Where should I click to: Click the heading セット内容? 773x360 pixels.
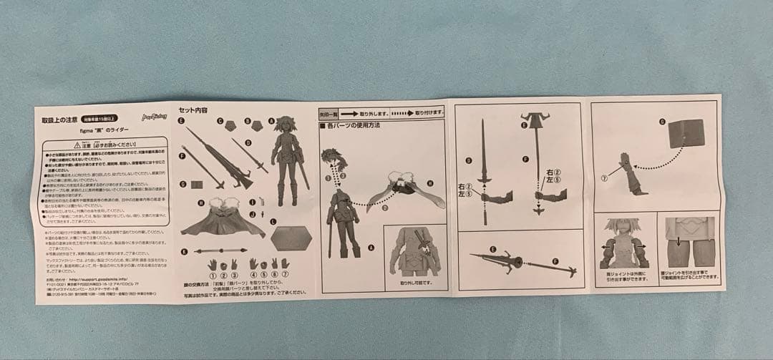point(193,111)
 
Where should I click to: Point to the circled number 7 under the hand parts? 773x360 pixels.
point(285,275)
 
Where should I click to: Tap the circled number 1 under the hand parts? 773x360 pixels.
point(213,275)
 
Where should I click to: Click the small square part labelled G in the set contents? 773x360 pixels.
point(198,185)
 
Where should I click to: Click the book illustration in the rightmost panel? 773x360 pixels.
point(686,133)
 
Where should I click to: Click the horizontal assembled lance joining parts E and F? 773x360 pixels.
point(522,263)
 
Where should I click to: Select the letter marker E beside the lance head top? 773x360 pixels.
point(525,126)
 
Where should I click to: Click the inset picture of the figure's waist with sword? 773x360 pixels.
point(414,250)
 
